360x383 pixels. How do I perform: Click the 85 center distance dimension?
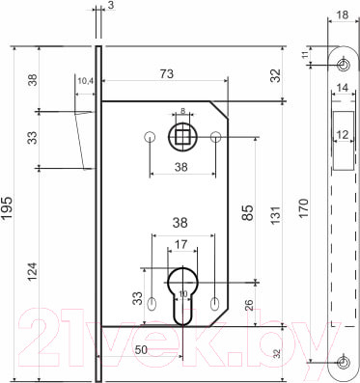[x=248, y=206]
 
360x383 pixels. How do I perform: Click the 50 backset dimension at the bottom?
[x=140, y=348]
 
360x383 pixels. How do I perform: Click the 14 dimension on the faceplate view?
[x=343, y=88]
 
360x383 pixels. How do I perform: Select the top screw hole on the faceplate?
[x=344, y=64]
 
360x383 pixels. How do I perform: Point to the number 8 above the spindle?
[x=181, y=112]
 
